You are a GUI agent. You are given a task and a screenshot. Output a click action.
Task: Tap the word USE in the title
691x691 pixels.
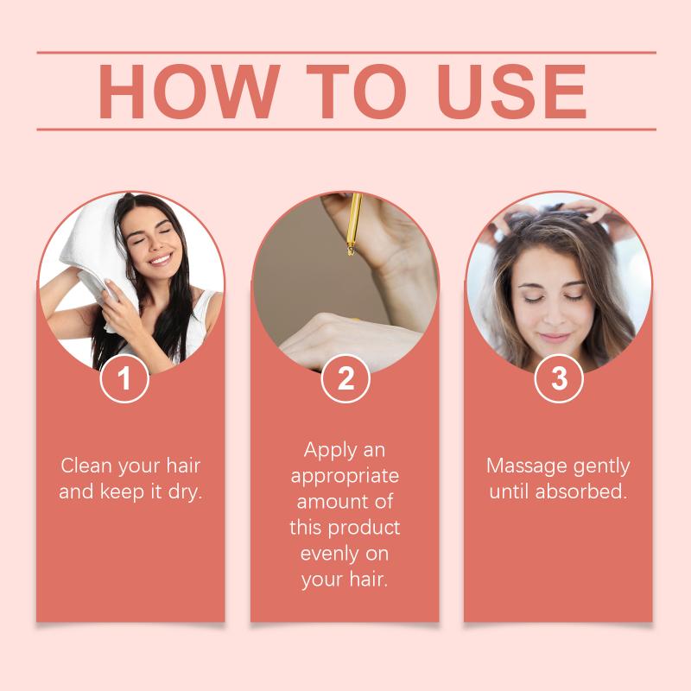(x=511, y=92)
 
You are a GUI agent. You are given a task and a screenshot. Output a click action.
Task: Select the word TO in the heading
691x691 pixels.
(x=356, y=92)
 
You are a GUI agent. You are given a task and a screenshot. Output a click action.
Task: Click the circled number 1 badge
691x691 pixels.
(x=124, y=378)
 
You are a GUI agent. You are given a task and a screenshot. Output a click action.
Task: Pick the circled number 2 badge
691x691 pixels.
(x=345, y=378)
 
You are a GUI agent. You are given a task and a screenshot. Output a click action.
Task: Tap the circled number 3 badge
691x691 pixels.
(x=559, y=378)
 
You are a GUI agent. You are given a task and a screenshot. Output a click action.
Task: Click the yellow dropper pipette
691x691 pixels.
(x=353, y=225)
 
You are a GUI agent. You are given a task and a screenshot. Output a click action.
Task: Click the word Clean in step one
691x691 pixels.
(x=86, y=466)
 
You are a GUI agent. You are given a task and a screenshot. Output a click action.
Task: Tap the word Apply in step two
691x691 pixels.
(x=331, y=451)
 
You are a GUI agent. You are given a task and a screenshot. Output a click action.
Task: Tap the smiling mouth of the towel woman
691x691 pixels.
(x=160, y=258)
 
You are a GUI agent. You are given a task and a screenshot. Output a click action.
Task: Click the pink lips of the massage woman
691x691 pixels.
(x=554, y=338)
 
